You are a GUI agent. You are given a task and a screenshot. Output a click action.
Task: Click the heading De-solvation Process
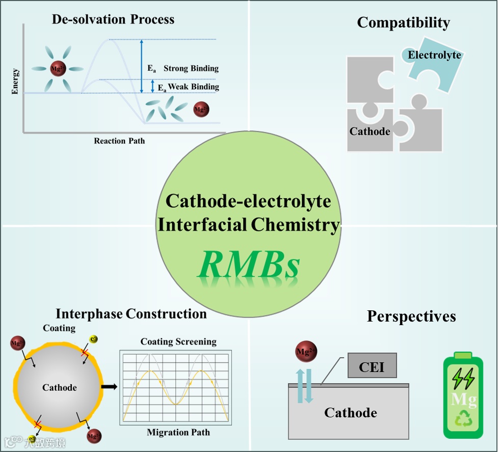pyautogui.click(x=113, y=20)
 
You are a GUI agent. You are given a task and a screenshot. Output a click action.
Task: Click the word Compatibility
pyautogui.click(x=403, y=23)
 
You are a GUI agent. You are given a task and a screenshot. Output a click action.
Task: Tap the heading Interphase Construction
pyautogui.click(x=131, y=313)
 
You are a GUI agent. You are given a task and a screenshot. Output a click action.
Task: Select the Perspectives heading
pyautogui.click(x=411, y=316)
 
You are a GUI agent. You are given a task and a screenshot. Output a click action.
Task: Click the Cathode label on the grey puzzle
pyautogui.click(x=370, y=131)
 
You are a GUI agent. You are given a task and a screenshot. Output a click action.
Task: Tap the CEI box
pyautogui.click(x=372, y=366)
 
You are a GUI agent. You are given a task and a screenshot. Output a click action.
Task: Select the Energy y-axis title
pyautogui.click(x=16, y=81)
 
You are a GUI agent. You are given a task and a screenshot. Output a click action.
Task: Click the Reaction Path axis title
pyautogui.click(x=119, y=141)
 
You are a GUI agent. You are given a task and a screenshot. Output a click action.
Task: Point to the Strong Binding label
pyautogui.click(x=191, y=68)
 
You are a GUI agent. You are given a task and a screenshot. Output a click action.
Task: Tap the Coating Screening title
pyautogui.click(x=178, y=341)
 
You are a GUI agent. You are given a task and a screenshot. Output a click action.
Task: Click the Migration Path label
pyautogui.click(x=178, y=433)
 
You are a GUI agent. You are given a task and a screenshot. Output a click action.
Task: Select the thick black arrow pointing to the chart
pyautogui.click(x=109, y=387)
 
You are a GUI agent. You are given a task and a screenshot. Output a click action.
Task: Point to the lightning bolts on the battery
pyautogui.click(x=463, y=378)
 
